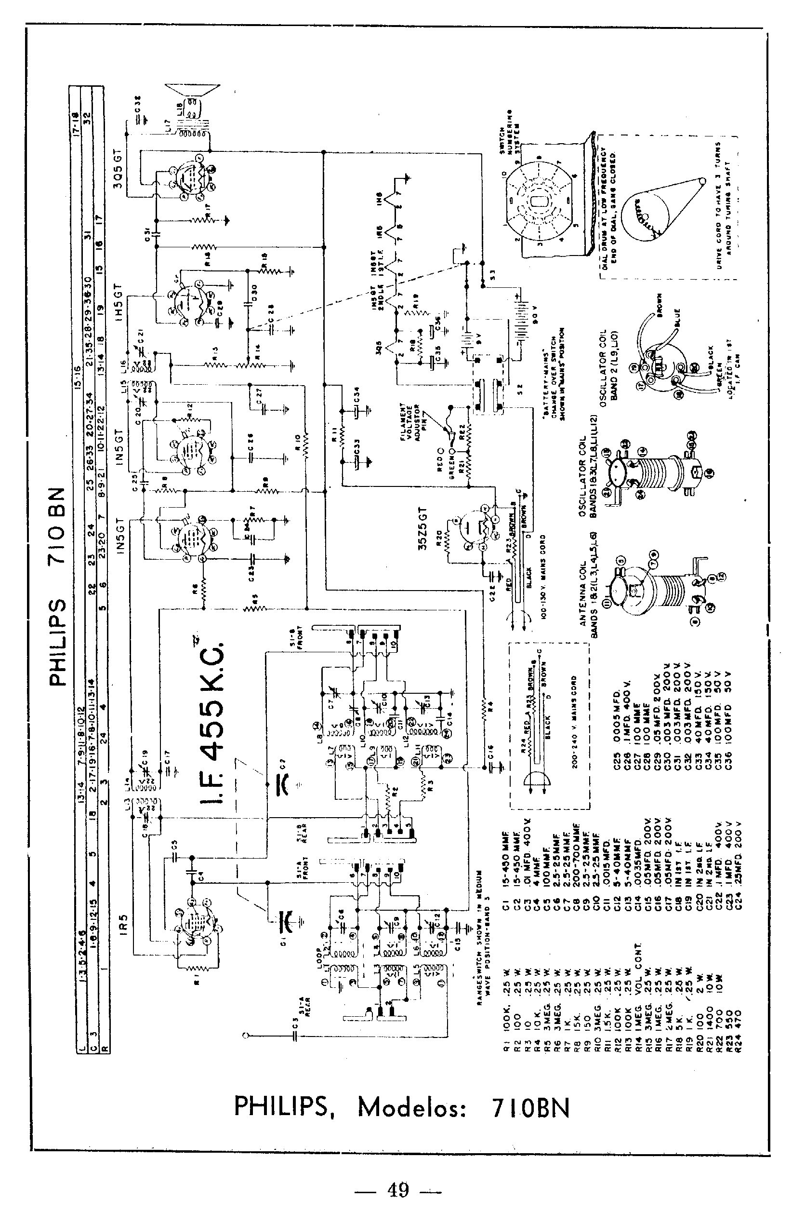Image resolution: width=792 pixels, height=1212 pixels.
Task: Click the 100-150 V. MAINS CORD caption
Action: (543, 576)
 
